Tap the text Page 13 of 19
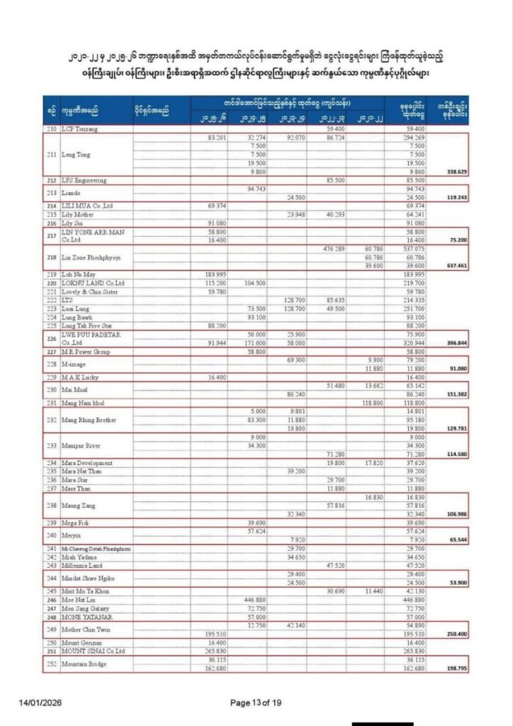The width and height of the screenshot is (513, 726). tap(256, 703)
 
